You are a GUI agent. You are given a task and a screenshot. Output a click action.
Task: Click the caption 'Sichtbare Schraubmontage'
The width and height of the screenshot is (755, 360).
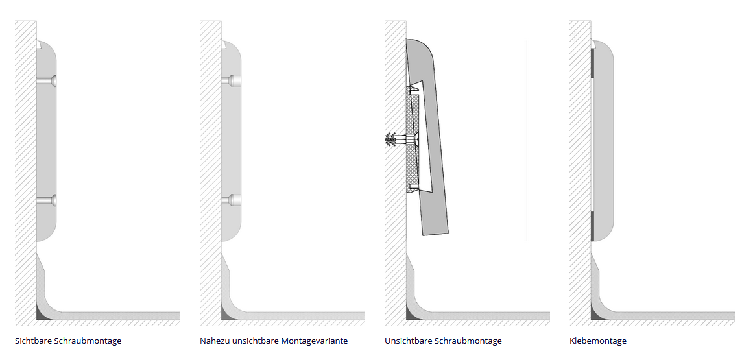[68, 341]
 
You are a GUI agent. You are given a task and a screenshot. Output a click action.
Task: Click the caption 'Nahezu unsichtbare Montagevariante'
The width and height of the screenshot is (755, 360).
[274, 341]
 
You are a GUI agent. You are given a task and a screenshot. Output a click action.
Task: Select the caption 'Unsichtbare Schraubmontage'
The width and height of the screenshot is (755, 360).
[443, 341]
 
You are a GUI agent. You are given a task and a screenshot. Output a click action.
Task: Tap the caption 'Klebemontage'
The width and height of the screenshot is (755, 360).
[598, 341]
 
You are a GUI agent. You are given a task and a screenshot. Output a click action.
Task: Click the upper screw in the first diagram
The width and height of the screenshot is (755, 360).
[47, 81]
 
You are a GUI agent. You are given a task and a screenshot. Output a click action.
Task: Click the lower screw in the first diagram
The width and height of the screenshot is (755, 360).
[47, 200]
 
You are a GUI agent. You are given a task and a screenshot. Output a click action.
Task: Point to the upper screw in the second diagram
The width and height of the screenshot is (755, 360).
[231, 81]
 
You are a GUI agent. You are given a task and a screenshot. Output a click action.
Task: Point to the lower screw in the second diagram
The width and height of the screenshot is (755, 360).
[231, 200]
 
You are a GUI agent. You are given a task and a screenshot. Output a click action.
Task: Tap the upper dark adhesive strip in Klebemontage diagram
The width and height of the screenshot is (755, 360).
[593, 64]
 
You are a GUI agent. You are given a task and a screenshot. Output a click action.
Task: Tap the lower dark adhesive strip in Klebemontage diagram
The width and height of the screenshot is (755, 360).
[593, 226]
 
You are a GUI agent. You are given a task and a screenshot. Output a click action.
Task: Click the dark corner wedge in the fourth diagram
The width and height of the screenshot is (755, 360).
[595, 315]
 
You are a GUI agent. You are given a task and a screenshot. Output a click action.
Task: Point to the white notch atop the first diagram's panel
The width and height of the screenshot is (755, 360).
[39, 44]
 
